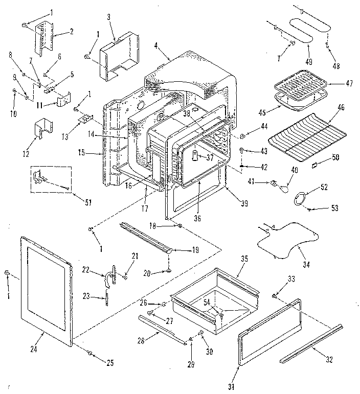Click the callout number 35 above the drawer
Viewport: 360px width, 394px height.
tap(244, 259)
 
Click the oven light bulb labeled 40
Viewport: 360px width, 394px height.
tap(284, 189)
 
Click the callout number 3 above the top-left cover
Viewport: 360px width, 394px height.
tap(109, 17)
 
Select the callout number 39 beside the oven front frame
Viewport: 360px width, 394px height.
tap(244, 203)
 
